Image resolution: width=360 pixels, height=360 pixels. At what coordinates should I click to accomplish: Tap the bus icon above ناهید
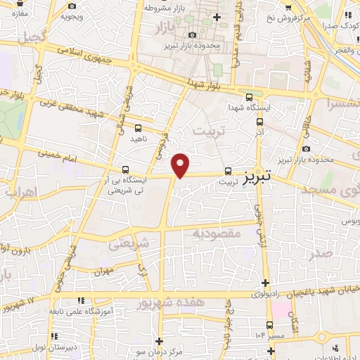click(x=137, y=128)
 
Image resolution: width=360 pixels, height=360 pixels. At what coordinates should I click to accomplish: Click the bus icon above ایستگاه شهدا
click(x=250, y=98)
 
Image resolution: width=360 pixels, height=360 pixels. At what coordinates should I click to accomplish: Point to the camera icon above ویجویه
click(x=71, y=6)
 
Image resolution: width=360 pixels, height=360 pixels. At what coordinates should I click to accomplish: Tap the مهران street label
click(x=103, y=271)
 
